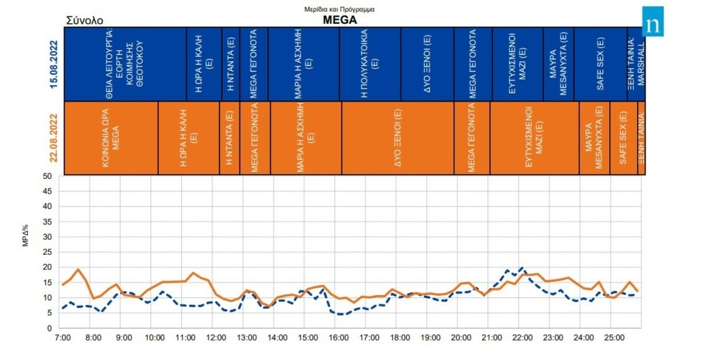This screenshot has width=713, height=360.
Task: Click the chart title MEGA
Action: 340,19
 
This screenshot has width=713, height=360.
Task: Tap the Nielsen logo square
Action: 652,22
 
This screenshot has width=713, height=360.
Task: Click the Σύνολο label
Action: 84,20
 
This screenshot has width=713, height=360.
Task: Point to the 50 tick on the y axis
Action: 47,176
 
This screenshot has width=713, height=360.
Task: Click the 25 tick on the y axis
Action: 47,252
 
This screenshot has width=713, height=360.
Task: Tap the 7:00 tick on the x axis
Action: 62,338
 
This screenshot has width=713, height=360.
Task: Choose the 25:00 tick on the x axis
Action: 614,338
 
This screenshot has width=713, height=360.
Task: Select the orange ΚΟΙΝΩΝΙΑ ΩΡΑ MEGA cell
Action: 111,138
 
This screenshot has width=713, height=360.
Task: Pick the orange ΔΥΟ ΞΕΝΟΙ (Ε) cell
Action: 397,138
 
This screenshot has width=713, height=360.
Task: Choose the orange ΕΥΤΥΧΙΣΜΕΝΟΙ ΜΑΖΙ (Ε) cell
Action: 534,138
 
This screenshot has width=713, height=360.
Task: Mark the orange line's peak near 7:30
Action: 78,269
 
